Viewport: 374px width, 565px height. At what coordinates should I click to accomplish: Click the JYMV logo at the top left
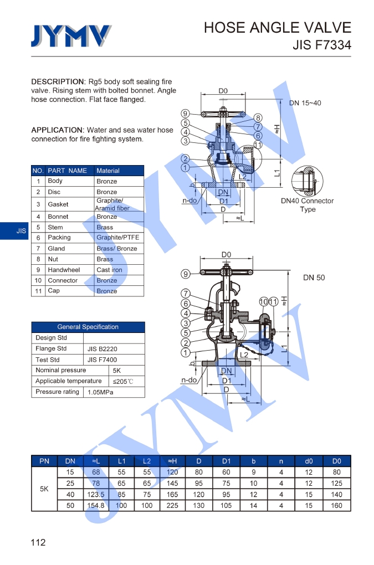(x=70, y=36)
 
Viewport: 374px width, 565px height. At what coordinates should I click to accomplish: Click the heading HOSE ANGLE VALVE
(x=277, y=28)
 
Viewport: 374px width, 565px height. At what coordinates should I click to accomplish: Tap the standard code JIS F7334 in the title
(x=322, y=45)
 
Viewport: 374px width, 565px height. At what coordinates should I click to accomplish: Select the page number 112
(x=38, y=542)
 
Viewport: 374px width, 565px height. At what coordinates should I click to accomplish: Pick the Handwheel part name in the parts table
(x=64, y=270)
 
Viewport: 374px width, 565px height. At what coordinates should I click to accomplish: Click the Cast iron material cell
(x=109, y=270)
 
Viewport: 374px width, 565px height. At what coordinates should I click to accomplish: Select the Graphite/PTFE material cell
(x=117, y=238)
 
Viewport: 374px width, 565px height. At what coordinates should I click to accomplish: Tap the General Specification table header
(x=88, y=327)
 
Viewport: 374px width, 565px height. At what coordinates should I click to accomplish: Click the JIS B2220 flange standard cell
(x=102, y=349)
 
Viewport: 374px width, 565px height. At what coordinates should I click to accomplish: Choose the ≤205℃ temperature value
(x=123, y=382)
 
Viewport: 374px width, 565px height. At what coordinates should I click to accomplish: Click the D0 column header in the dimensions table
(x=336, y=461)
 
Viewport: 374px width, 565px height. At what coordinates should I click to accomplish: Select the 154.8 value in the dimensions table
(x=95, y=505)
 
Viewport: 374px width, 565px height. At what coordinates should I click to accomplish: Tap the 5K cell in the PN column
(x=44, y=489)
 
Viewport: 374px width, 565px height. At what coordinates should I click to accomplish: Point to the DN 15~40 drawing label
(x=305, y=103)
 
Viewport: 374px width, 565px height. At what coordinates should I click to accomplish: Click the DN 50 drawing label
(x=314, y=278)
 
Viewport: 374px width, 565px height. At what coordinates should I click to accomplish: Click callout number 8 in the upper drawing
(x=258, y=117)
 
